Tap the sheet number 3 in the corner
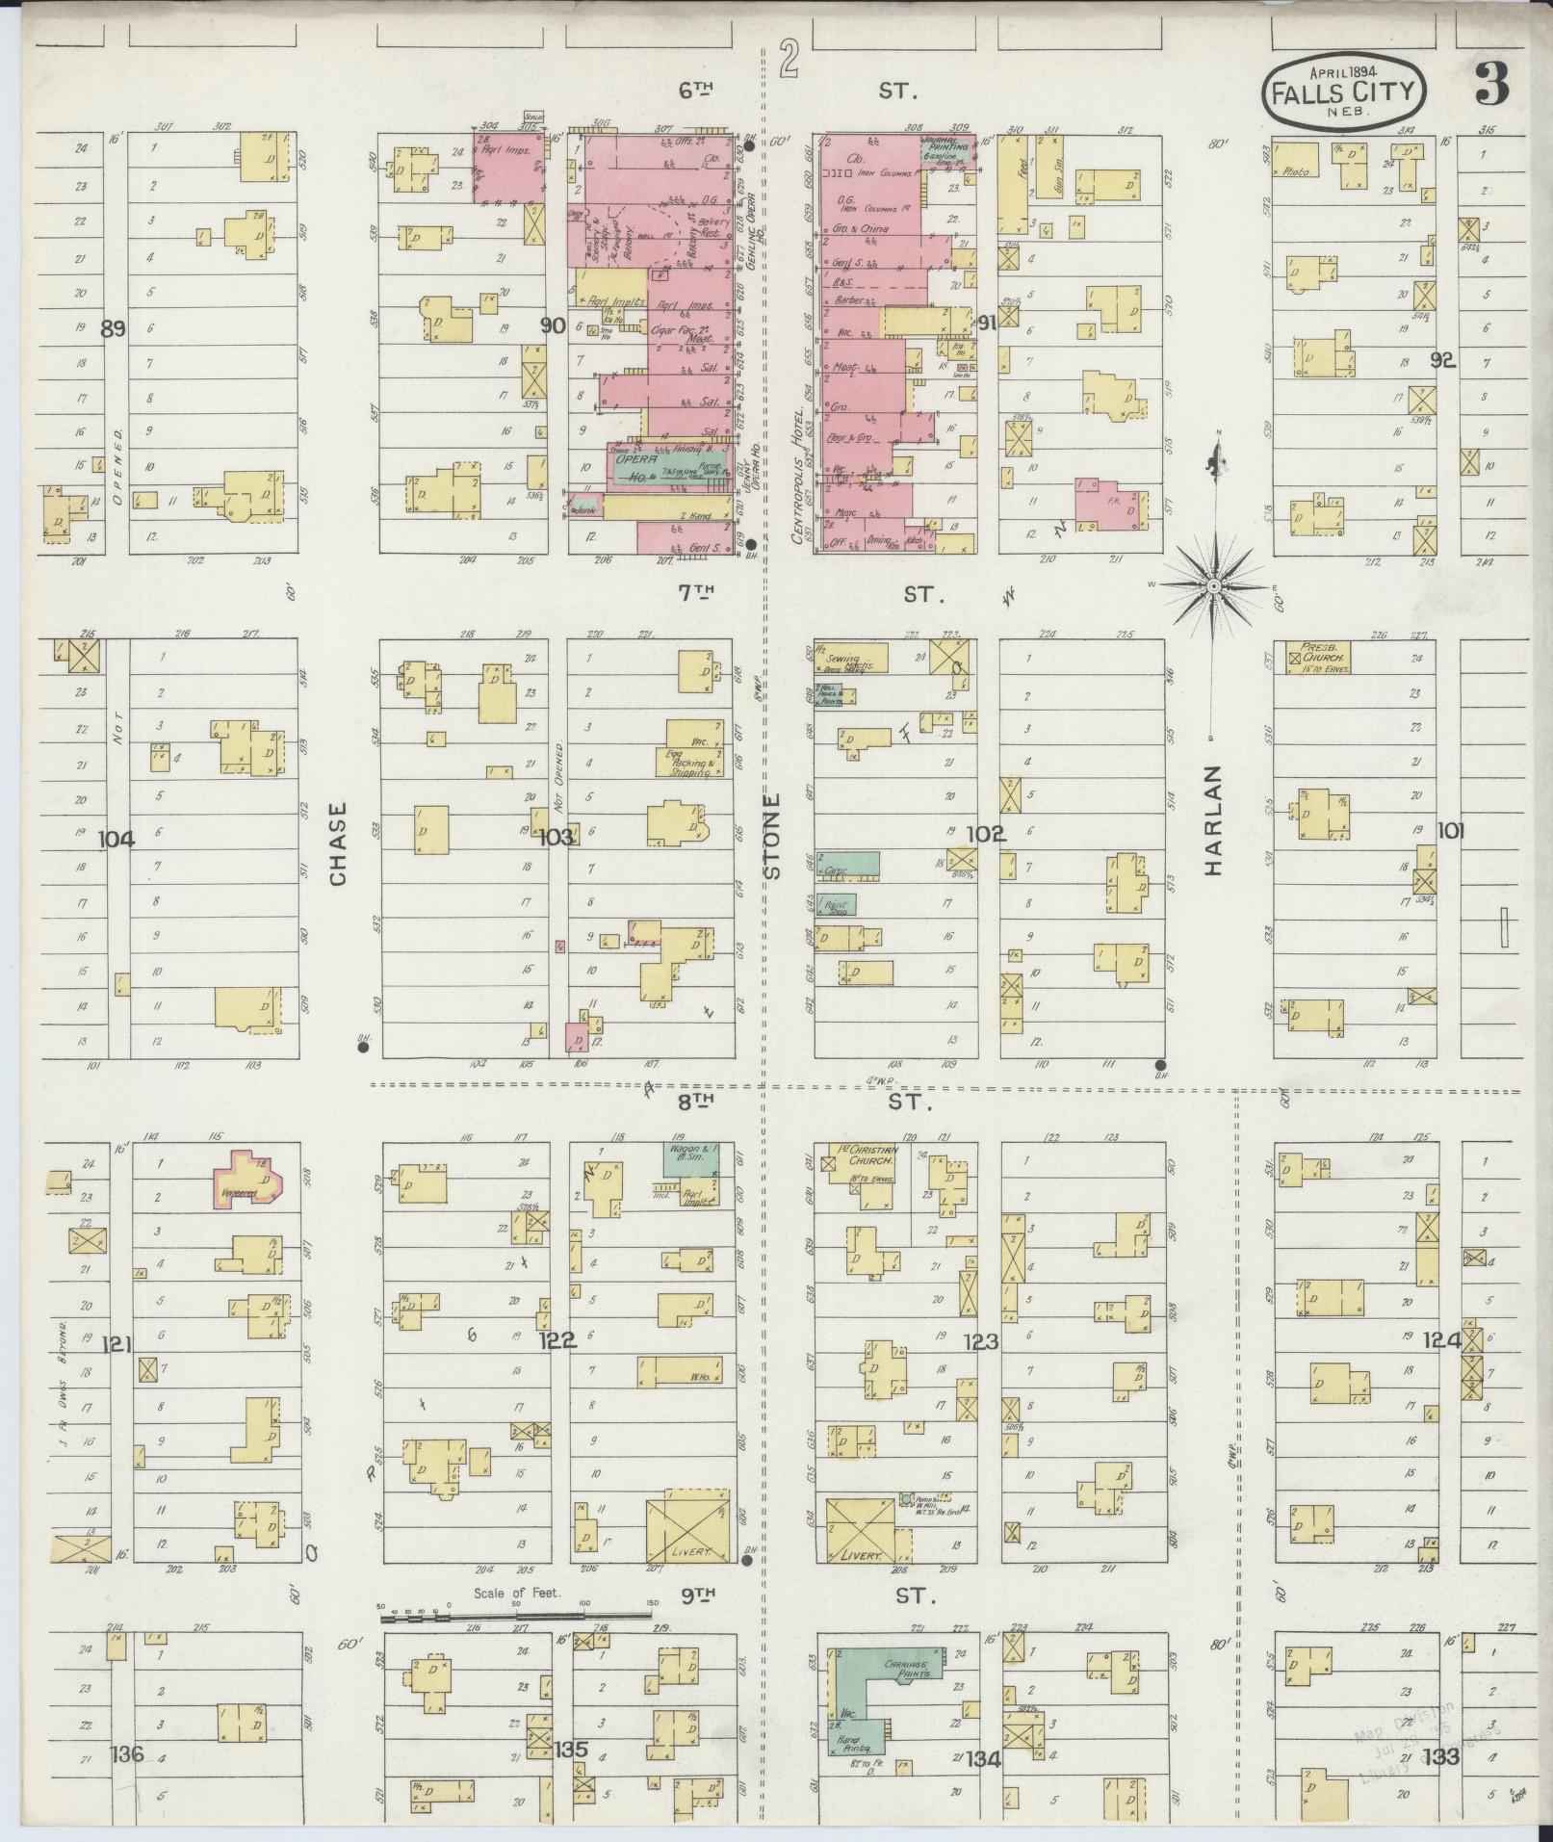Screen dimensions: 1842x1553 point(1491,86)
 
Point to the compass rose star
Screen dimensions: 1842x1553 point(1214,584)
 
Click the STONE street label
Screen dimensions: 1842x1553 point(772,836)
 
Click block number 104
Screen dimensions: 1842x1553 point(116,840)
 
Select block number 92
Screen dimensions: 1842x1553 point(1441,361)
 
